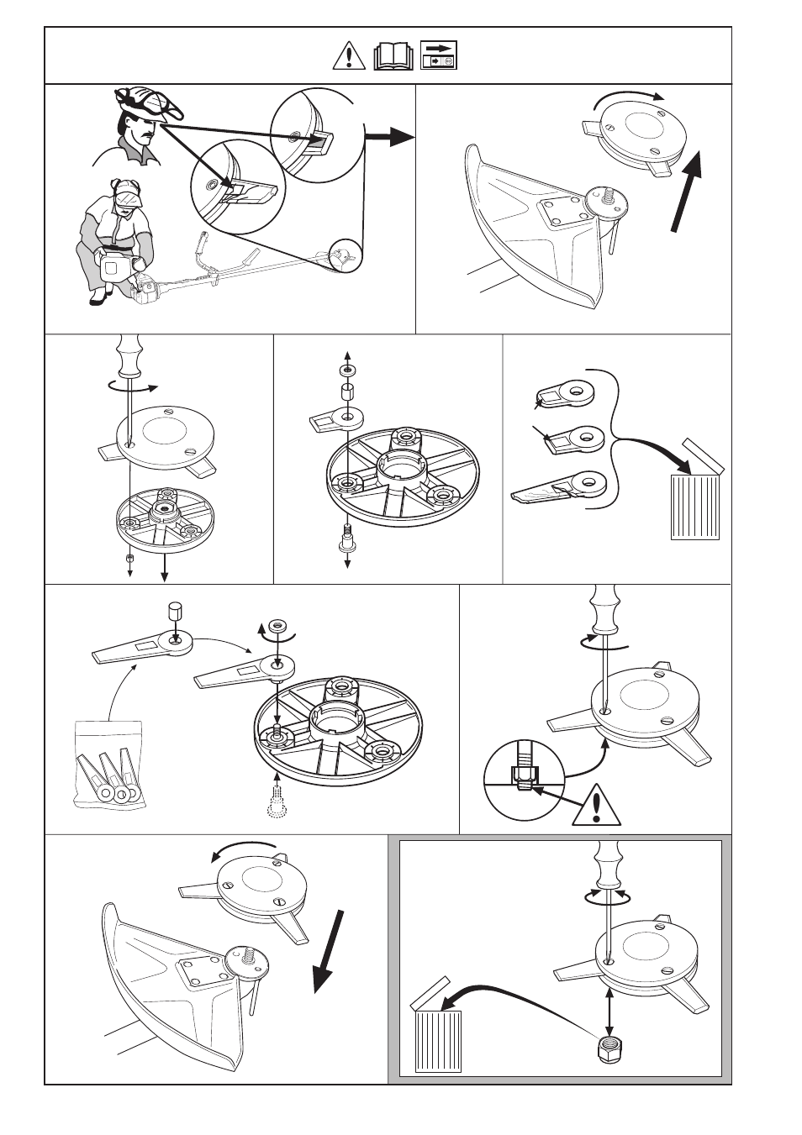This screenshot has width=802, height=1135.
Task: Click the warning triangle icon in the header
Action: [348, 55]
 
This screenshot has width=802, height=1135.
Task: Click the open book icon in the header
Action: [393, 56]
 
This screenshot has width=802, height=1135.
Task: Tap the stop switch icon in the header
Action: [438, 55]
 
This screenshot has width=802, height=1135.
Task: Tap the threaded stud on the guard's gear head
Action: [607, 195]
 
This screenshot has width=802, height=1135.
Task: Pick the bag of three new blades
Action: [108, 765]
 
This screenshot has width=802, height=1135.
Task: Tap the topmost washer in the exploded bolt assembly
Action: [347, 370]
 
